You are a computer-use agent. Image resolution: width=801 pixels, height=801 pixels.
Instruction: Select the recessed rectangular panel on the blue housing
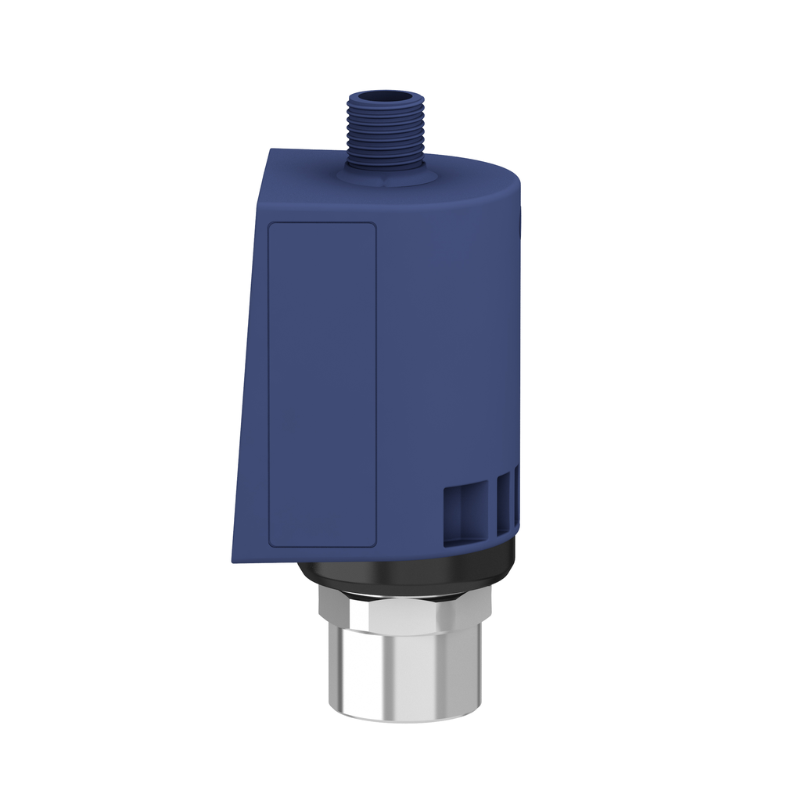point(322,383)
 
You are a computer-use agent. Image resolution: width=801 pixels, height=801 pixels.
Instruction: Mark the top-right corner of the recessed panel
point(374,224)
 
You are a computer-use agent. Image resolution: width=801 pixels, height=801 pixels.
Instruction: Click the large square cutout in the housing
point(465,514)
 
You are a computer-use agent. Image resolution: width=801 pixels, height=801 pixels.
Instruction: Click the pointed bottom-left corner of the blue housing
point(233,559)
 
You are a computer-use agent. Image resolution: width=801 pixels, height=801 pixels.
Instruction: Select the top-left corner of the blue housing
point(270,150)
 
